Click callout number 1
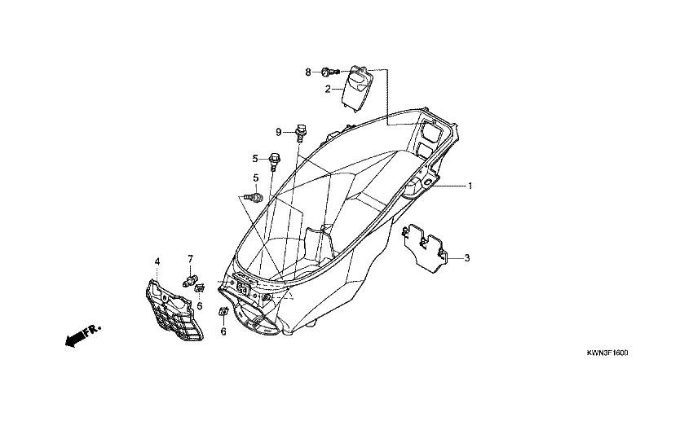(470, 186)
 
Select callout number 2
(328, 89)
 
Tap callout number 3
(467, 258)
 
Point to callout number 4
(157, 261)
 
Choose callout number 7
(192, 259)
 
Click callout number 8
(308, 72)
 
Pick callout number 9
(278, 132)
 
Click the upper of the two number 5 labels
(254, 158)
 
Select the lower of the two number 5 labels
(256, 178)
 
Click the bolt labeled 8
(327, 72)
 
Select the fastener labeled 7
(194, 282)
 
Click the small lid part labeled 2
(356, 87)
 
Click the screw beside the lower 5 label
(255, 197)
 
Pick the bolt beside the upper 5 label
(274, 159)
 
